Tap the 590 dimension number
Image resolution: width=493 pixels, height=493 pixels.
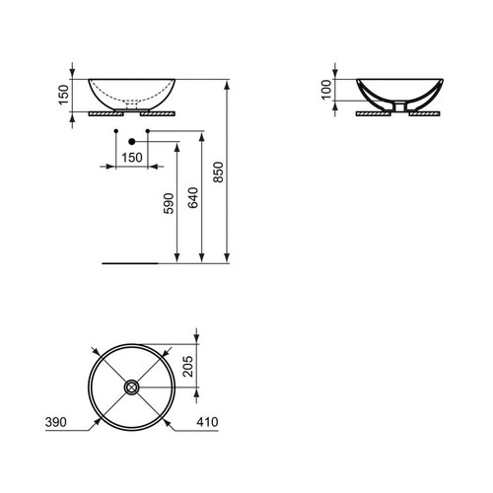tap(168, 203)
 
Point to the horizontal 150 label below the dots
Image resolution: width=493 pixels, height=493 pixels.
tap(130, 158)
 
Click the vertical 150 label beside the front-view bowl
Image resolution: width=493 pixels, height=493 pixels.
tap(64, 95)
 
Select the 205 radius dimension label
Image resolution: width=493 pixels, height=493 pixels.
tap(206, 367)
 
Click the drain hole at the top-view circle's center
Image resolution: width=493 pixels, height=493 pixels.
tap(131, 387)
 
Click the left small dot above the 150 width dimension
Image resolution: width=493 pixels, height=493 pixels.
tap(117, 130)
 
